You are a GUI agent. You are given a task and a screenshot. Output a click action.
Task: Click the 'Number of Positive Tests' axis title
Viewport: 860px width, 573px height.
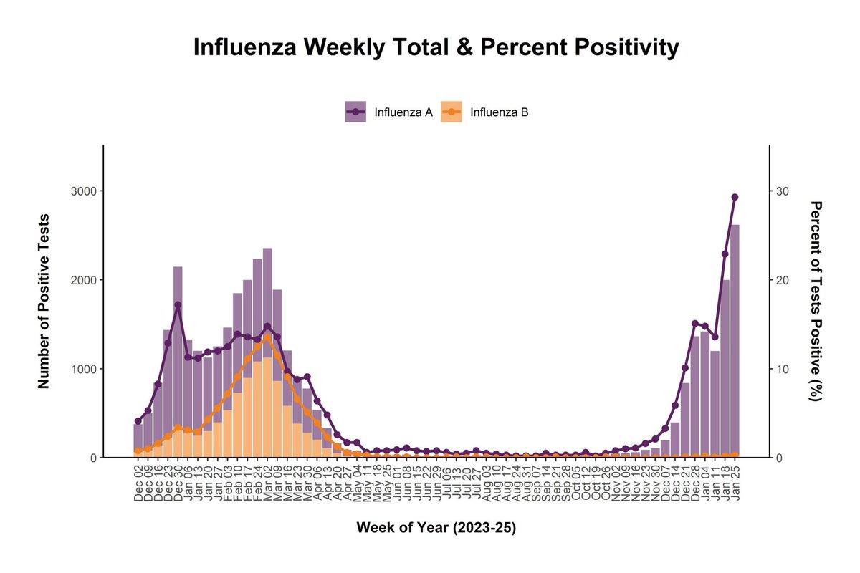(x=44, y=301)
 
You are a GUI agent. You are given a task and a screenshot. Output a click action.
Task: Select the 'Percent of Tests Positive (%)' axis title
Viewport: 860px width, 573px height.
(x=816, y=301)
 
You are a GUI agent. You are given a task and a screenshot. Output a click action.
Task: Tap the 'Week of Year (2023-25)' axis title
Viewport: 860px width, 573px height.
(x=436, y=529)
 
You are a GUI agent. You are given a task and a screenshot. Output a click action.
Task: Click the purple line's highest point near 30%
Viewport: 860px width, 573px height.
(x=735, y=197)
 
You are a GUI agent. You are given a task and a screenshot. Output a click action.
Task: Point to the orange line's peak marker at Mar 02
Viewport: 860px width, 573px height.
(x=267, y=337)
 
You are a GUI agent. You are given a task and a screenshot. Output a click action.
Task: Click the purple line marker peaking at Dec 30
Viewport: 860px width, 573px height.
(x=178, y=304)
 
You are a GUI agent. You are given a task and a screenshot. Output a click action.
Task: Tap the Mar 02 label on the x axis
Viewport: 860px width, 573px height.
(x=267, y=483)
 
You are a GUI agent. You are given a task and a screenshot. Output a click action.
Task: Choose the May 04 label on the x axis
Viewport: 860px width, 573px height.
(x=357, y=483)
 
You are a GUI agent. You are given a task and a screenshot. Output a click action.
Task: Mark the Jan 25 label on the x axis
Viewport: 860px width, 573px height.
(x=735, y=483)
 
